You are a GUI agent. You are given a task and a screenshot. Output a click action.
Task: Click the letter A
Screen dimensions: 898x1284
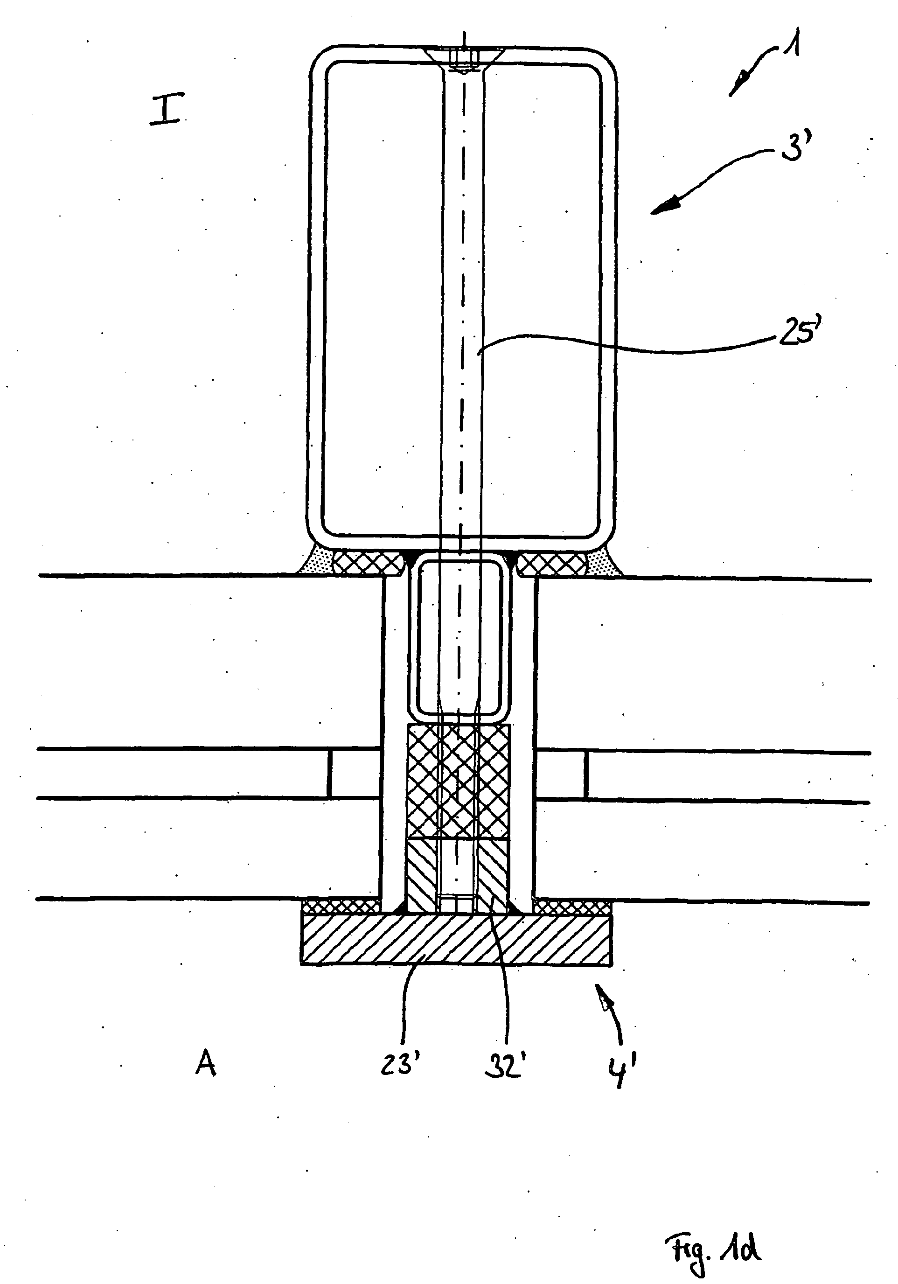pos(206,1064)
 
